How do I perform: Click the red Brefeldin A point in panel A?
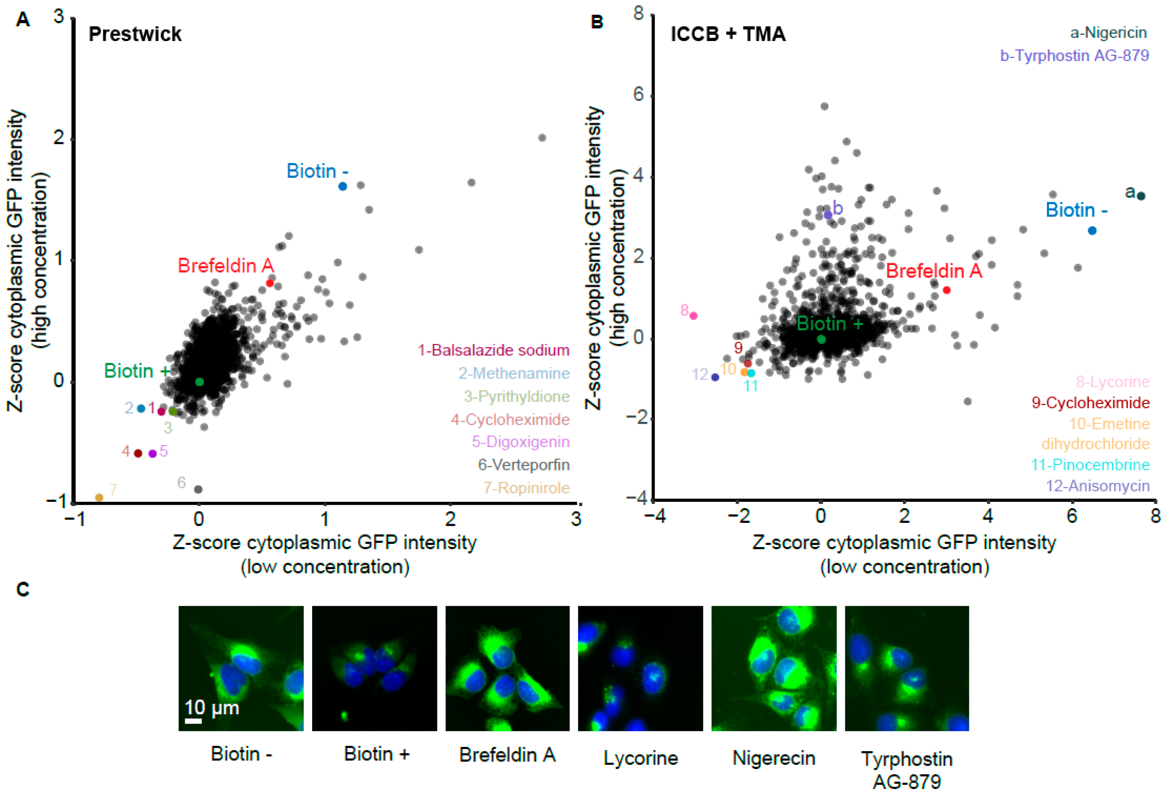270,283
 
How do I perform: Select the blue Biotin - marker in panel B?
1092,231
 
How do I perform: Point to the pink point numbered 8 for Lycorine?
693,316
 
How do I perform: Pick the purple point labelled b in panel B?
828,215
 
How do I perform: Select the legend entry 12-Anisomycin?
1097,486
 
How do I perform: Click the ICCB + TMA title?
728,34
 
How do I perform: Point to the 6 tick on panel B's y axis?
638,94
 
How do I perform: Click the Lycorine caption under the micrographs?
640,758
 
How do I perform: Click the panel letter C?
23,589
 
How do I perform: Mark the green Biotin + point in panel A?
199,382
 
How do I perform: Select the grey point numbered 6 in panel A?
198,489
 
